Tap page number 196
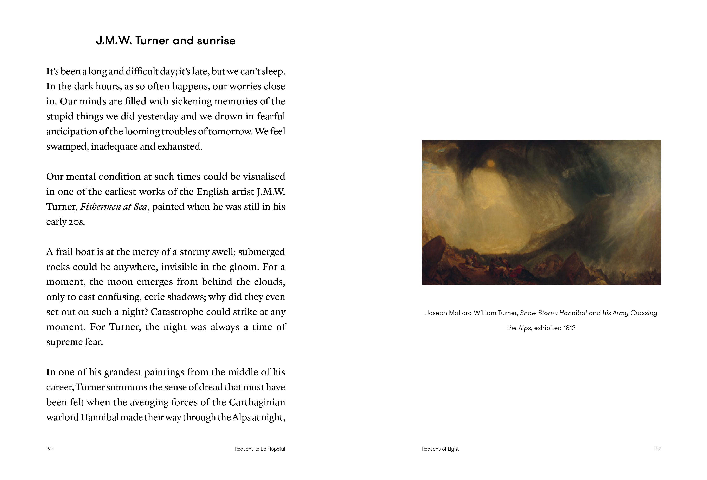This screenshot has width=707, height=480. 50,449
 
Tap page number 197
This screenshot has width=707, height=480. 657,449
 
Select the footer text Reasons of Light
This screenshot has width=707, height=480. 440,449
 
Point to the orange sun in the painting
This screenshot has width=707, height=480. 490,164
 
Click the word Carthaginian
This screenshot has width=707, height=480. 257,402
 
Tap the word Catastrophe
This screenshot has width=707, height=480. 176,312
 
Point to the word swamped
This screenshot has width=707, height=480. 67,146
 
